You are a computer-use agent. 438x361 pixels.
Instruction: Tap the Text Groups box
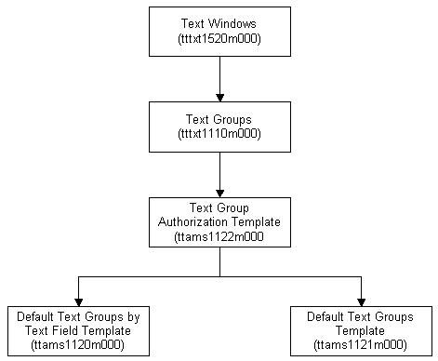(219, 127)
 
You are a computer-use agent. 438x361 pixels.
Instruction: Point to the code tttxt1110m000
(219, 135)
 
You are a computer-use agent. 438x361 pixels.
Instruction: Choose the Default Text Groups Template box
(360, 330)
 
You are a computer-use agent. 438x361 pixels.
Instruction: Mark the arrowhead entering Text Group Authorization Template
(219, 191)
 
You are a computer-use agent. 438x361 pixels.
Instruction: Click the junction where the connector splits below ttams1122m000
(219, 276)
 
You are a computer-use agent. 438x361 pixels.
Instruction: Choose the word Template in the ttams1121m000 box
(360, 330)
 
